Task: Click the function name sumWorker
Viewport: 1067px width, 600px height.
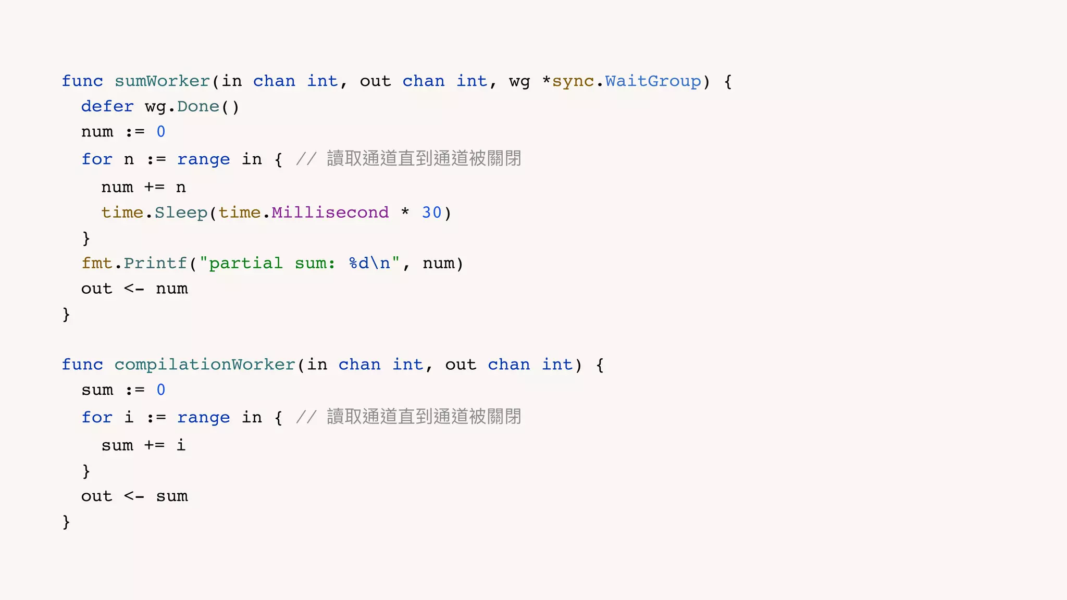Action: click(x=162, y=81)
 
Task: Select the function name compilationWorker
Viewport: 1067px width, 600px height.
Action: click(x=205, y=365)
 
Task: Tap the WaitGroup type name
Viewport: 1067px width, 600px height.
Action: click(x=653, y=81)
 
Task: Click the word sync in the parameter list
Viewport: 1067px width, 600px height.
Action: click(x=573, y=81)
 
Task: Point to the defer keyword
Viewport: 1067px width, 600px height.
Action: click(x=107, y=107)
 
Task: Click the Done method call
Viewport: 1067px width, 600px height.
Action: click(x=198, y=107)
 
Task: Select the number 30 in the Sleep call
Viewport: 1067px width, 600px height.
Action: click(x=431, y=213)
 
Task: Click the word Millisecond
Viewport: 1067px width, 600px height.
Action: click(x=330, y=213)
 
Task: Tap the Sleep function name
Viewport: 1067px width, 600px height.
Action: click(x=181, y=213)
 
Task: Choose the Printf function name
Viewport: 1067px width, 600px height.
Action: click(x=155, y=263)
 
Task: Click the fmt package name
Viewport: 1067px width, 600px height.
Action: click(x=97, y=263)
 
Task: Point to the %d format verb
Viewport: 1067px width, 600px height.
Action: click(x=359, y=263)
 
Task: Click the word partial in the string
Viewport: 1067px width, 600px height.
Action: click(x=245, y=263)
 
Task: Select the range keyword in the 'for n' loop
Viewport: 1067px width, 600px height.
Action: click(x=203, y=159)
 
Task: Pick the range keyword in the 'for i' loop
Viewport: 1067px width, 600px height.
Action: click(x=203, y=418)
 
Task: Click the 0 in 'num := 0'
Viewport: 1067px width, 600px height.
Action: click(x=161, y=132)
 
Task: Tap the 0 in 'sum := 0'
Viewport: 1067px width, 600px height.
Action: click(x=161, y=390)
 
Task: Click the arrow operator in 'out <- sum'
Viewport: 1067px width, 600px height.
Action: click(x=134, y=496)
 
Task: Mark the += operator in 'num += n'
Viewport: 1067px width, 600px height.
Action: click(x=154, y=187)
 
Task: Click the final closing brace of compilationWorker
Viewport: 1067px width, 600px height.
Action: click(x=66, y=521)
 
